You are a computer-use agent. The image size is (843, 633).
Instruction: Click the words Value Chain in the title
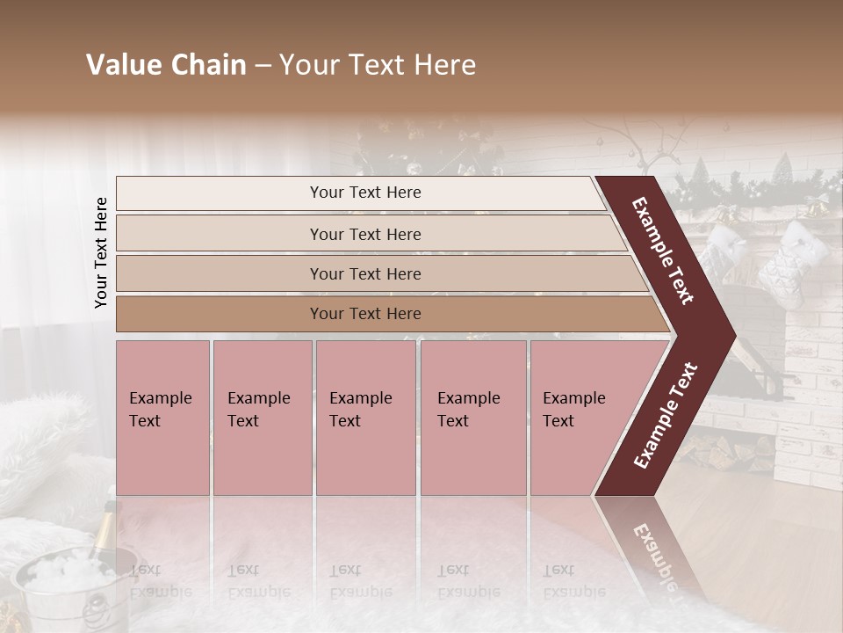pyautogui.click(x=166, y=65)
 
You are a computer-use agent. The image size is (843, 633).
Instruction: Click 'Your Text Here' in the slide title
pyautogui.click(x=378, y=65)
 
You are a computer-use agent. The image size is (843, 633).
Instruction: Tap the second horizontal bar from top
pyautogui.click(x=365, y=234)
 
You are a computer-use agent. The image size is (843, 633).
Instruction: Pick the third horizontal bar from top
pyautogui.click(x=365, y=273)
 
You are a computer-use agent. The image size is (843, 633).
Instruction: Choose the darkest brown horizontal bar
pyautogui.click(x=365, y=314)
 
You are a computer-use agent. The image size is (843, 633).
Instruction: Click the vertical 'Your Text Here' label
pyautogui.click(x=101, y=252)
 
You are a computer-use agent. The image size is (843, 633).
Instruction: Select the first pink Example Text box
pyautogui.click(x=162, y=418)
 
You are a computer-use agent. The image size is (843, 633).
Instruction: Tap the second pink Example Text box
pyautogui.click(x=262, y=418)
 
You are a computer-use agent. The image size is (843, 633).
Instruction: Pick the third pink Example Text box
pyautogui.click(x=365, y=418)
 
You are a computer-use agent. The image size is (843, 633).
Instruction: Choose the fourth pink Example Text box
pyautogui.click(x=472, y=418)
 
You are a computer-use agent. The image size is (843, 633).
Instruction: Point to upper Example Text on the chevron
pyautogui.click(x=663, y=251)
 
